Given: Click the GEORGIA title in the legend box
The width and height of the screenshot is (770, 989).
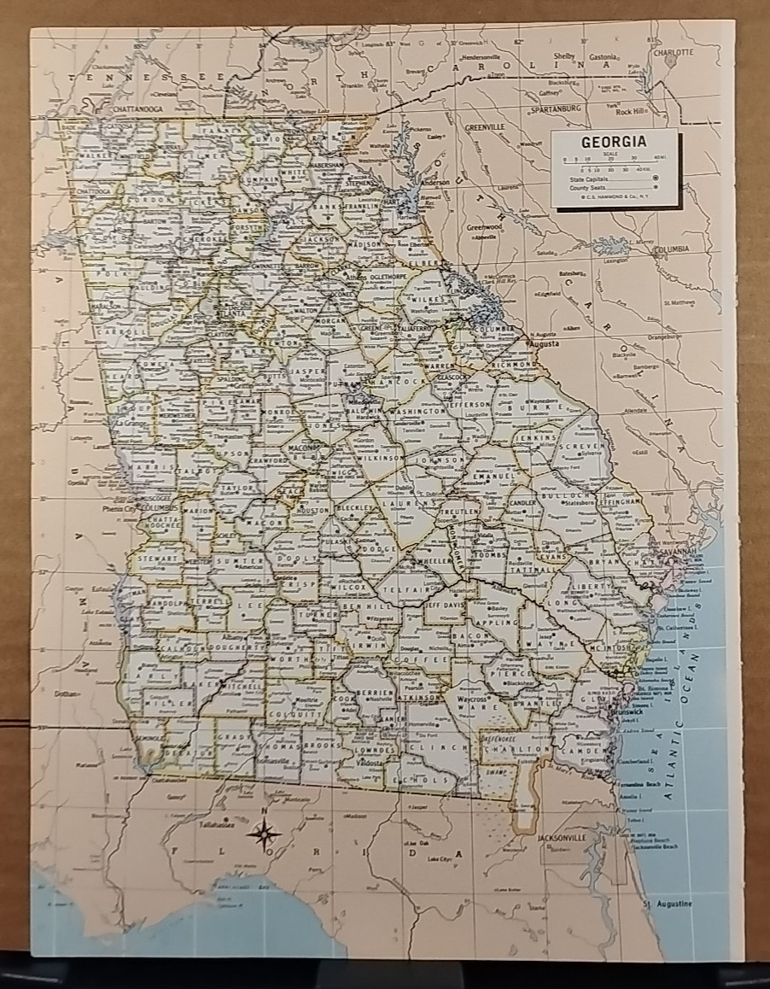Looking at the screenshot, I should pyautogui.click(x=613, y=143).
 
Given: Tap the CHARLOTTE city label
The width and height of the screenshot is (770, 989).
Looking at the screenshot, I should pyautogui.click(x=674, y=51).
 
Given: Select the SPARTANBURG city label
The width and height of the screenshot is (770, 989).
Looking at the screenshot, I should pyautogui.click(x=555, y=109).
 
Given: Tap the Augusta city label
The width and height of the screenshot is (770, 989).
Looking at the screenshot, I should pyautogui.click(x=545, y=343).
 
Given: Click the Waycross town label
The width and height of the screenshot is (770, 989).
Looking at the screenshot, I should pyautogui.click(x=470, y=699).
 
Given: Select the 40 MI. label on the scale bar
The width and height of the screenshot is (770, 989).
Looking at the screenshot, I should pyautogui.click(x=658, y=159).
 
